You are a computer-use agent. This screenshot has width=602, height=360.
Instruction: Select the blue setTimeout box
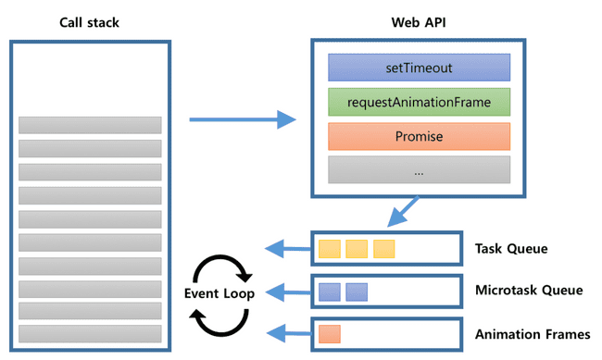tap(419, 68)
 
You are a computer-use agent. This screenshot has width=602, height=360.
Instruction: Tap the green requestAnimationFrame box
tap(419, 102)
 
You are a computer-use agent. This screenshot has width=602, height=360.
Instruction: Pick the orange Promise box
tap(419, 136)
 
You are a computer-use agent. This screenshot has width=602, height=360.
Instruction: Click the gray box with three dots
tap(419, 169)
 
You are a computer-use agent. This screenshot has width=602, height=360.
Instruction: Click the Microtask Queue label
tap(529, 291)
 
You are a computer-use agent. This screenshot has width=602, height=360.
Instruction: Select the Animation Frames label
tap(532, 334)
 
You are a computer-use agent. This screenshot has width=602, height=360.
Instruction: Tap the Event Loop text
tap(221, 292)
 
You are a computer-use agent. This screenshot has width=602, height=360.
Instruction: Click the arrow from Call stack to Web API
tap(242, 119)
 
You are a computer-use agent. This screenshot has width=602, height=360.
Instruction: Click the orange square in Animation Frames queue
tap(330, 334)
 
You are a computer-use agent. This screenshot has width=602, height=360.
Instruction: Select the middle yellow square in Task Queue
tap(357, 248)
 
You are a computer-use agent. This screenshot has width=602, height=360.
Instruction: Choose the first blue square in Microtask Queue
tap(330, 292)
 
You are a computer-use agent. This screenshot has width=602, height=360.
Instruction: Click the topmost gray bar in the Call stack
tap(90, 125)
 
